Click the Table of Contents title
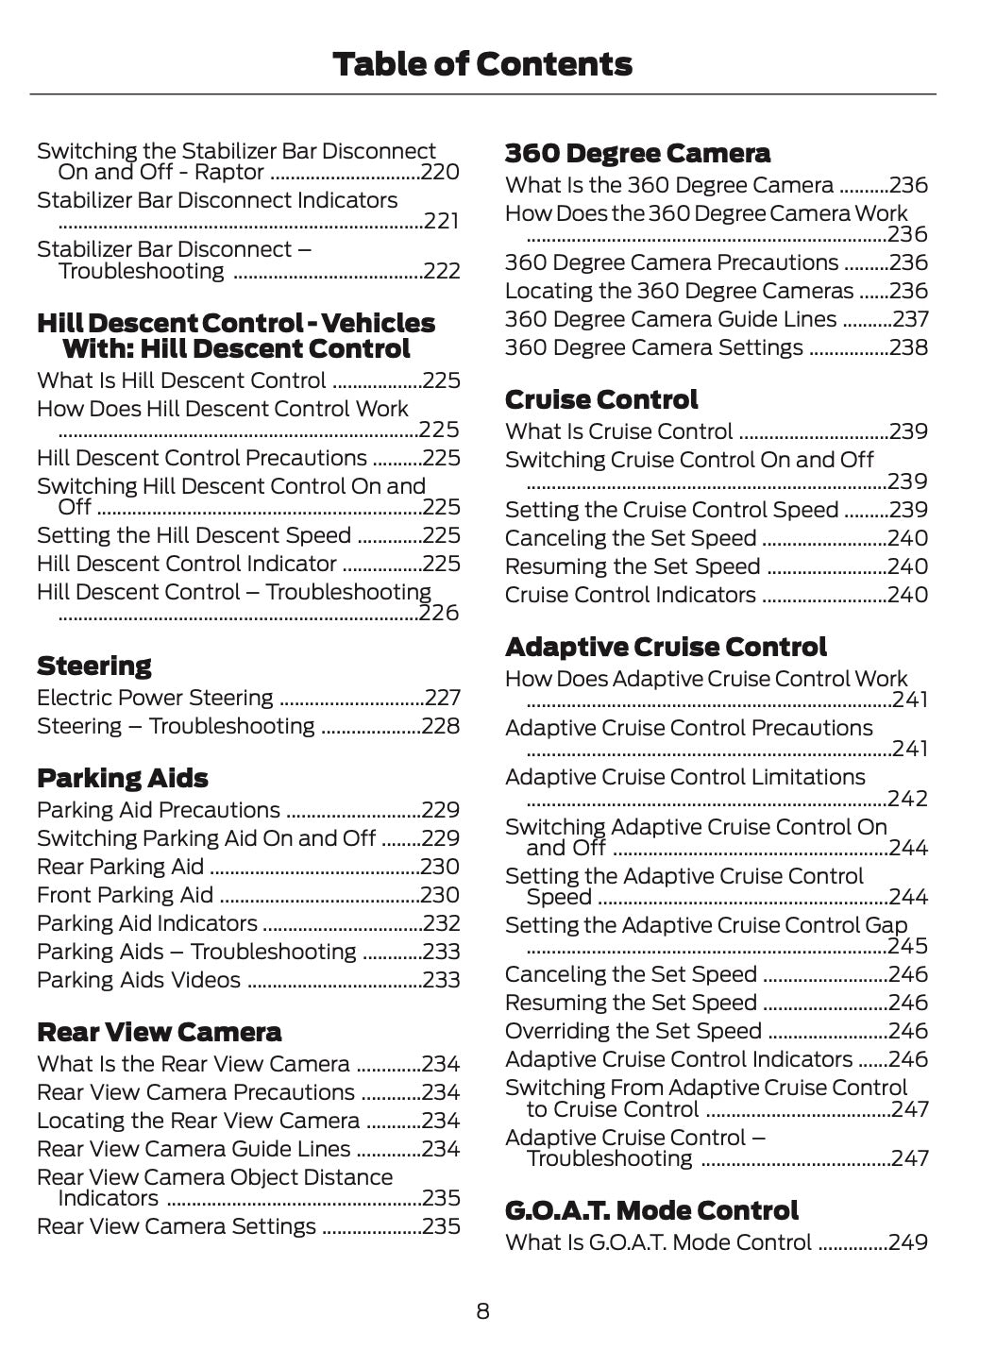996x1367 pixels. coord(482,64)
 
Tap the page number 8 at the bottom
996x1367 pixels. coord(482,1311)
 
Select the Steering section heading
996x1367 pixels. coord(93,667)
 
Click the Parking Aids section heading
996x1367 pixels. coord(122,779)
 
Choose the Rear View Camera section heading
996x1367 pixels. coord(159,1032)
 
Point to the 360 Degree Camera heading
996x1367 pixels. coord(637,153)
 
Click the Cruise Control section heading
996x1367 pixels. coord(601,400)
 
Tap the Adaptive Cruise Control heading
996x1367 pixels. coord(666,648)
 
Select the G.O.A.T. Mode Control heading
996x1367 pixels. coord(651,1211)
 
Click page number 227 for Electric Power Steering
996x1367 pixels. coord(442,699)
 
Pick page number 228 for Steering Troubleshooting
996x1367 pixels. coord(442,727)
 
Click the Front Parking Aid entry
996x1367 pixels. coord(125,895)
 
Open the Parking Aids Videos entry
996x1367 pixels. coord(139,980)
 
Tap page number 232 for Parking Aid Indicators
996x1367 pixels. coord(442,923)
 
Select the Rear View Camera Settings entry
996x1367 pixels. coord(177,1226)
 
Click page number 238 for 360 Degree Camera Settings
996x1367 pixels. coord(909,347)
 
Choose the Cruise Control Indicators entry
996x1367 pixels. coord(630,595)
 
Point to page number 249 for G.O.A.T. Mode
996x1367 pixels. coord(909,1242)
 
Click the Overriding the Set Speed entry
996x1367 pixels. coord(633,1031)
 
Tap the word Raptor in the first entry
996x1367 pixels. coord(228,173)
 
